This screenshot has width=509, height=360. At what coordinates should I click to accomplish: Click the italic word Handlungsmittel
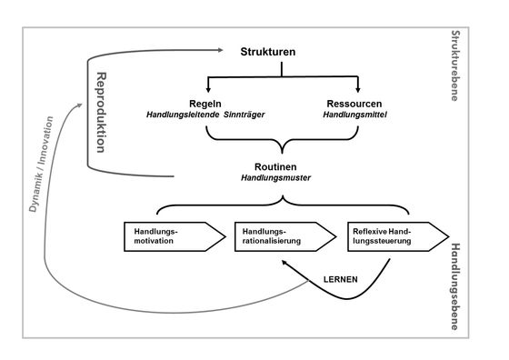(x=354, y=115)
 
